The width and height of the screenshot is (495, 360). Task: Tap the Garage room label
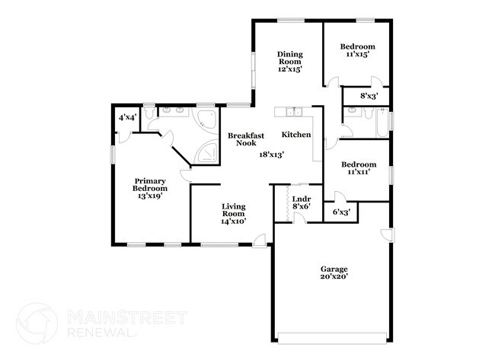click(x=334, y=269)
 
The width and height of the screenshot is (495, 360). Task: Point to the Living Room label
click(x=233, y=210)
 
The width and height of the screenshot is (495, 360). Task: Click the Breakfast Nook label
click(x=246, y=139)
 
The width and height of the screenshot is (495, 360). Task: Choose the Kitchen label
click(x=296, y=135)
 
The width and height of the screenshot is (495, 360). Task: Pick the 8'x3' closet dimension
click(x=357, y=97)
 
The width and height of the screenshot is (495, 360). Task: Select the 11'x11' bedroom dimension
click(x=358, y=173)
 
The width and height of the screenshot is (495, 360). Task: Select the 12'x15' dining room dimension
click(x=289, y=68)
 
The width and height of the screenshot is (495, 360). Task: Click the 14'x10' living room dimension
click(x=233, y=221)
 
